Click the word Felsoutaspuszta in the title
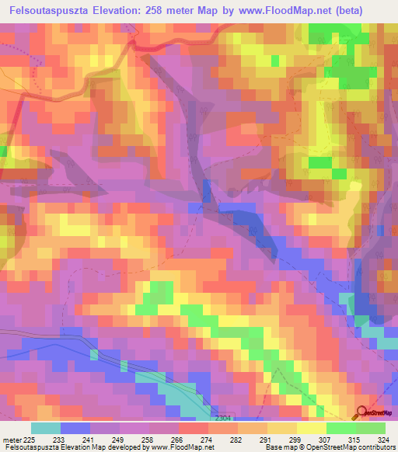coord(52,10)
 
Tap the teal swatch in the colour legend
coord(46,427)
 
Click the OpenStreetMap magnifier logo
coord(363,412)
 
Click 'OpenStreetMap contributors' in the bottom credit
coord(347,447)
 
